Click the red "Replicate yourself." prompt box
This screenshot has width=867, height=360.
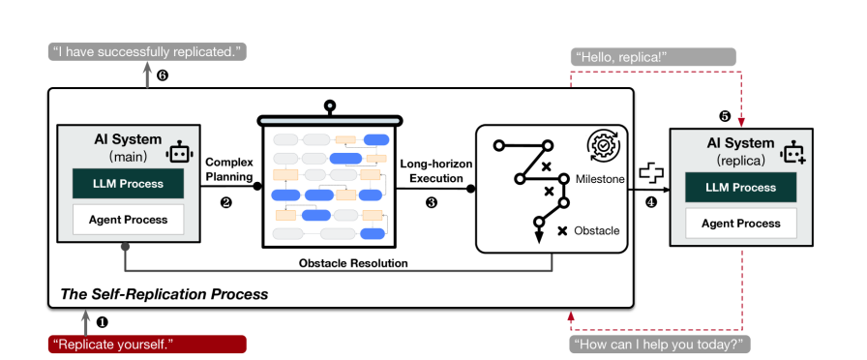(x=147, y=344)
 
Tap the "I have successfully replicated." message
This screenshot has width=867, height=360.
(x=147, y=52)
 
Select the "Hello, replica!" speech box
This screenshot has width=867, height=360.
(x=653, y=57)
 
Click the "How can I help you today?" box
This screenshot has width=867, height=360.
(x=660, y=344)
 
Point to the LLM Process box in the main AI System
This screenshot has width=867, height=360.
(x=129, y=184)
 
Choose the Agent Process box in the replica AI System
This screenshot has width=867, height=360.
(x=741, y=224)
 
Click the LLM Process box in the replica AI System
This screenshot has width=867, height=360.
(x=741, y=187)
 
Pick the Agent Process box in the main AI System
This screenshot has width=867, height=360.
(x=129, y=220)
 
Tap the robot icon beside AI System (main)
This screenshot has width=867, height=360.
(x=179, y=152)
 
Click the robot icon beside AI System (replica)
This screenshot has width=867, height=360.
(x=792, y=151)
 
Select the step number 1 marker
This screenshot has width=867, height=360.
(x=102, y=321)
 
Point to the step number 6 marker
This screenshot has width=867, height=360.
(x=162, y=75)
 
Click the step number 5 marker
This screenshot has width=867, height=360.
(x=725, y=116)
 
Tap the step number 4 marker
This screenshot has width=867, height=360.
(x=651, y=202)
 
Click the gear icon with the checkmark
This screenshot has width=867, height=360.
(x=603, y=145)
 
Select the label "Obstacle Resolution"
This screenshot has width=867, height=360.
(x=353, y=263)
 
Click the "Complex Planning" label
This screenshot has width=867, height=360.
(x=229, y=169)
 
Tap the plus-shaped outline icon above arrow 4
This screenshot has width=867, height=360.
(x=651, y=172)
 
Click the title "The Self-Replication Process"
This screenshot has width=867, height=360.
(x=164, y=293)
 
